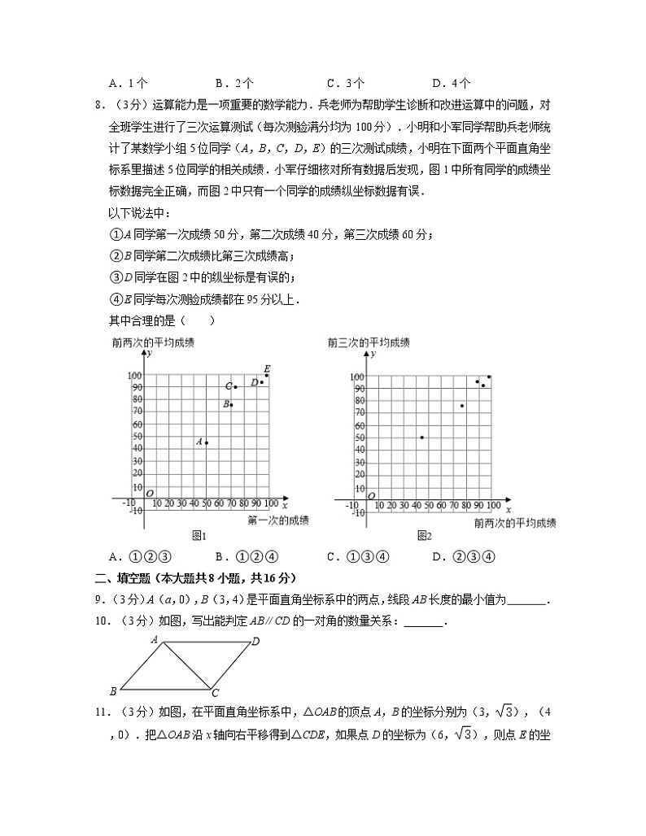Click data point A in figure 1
(x=207, y=442)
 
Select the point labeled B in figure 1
(x=231, y=405)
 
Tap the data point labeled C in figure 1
(x=235, y=386)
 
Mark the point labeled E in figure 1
(x=266, y=375)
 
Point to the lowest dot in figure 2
(x=421, y=438)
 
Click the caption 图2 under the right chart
(x=424, y=536)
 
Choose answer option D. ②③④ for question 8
(x=463, y=557)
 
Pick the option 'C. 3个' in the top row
(x=345, y=83)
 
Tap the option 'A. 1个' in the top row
(x=127, y=83)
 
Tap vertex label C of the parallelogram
(x=215, y=694)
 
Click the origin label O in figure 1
(x=150, y=493)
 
